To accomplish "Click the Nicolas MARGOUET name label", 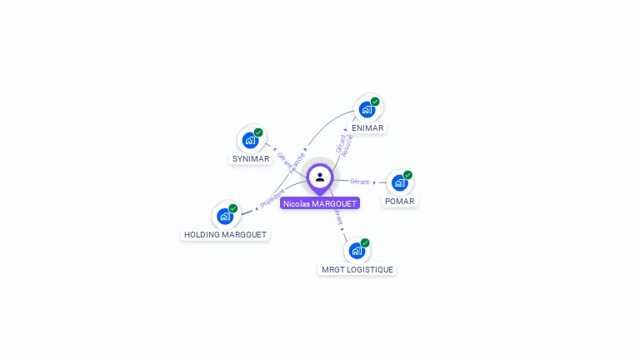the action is [320, 203].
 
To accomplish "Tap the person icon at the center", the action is [320, 177].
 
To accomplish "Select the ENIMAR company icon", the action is [366, 109].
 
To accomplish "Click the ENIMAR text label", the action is [367, 128].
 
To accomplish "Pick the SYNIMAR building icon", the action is [250, 140].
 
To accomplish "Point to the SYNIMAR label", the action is [251, 159].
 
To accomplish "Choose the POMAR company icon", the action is [399, 182].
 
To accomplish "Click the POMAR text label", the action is [400, 202].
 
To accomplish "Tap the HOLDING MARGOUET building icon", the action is [225, 216].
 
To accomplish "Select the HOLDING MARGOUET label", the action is [225, 235].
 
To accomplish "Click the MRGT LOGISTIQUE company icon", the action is [357, 250].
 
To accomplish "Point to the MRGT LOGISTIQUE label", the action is [357, 270].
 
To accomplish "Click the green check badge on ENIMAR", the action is [375, 102].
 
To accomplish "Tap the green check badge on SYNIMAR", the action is [258, 132].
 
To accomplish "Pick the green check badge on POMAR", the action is [407, 175].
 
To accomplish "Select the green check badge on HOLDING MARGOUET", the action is [233, 208].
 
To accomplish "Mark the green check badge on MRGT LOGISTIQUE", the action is [365, 242].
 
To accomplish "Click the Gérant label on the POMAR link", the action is [360, 181].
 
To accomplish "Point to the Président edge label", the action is [272, 199].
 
